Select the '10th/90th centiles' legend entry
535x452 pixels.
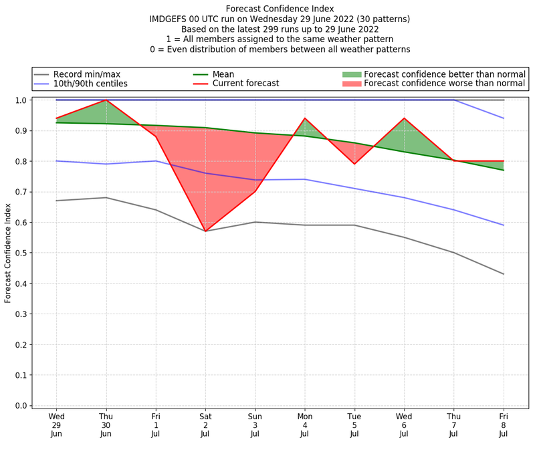(90, 84)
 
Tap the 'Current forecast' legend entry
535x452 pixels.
(245, 84)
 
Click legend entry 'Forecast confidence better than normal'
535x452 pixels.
(445, 74)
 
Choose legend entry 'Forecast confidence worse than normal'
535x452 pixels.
(445, 84)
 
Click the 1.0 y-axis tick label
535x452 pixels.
(21, 100)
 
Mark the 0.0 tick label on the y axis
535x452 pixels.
(21, 406)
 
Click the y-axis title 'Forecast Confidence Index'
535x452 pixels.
(8, 253)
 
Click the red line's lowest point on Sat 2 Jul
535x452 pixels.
(205, 231)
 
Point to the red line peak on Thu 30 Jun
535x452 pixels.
(106, 100)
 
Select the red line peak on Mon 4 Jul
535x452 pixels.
(305, 118)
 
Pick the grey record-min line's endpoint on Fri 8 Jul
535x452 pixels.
(503, 274)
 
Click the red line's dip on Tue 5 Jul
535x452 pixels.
(354, 164)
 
